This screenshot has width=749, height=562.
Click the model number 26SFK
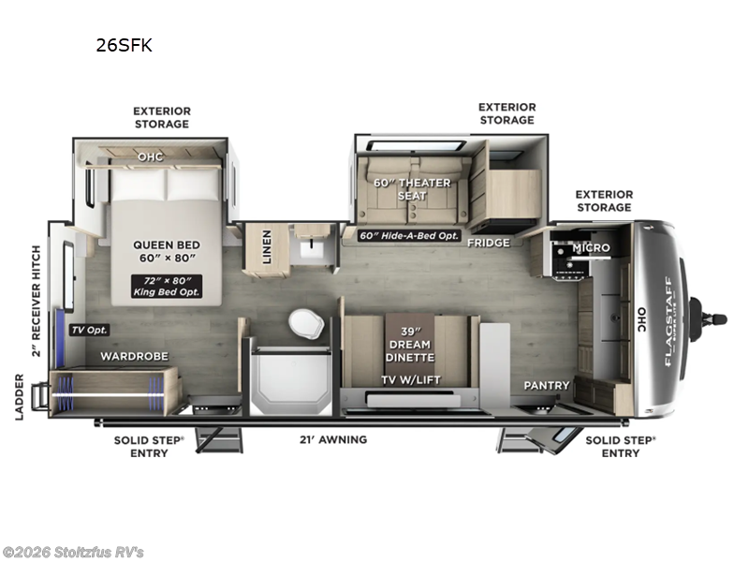tap(123, 43)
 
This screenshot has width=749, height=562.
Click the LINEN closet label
tap(267, 248)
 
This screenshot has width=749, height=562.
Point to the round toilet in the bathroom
tap(305, 323)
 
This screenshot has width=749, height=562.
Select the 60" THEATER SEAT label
tap(412, 189)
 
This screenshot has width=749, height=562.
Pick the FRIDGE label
tap(489, 243)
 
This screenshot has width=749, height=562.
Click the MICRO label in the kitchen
tap(592, 247)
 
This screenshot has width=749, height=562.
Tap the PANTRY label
tap(547, 385)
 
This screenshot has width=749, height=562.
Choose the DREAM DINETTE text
tap(411, 349)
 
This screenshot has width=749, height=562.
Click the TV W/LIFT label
tap(411, 379)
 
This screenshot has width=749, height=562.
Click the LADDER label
tap(20, 396)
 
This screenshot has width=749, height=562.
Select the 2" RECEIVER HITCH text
tap(37, 302)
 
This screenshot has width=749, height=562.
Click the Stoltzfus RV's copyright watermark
tap(73, 552)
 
